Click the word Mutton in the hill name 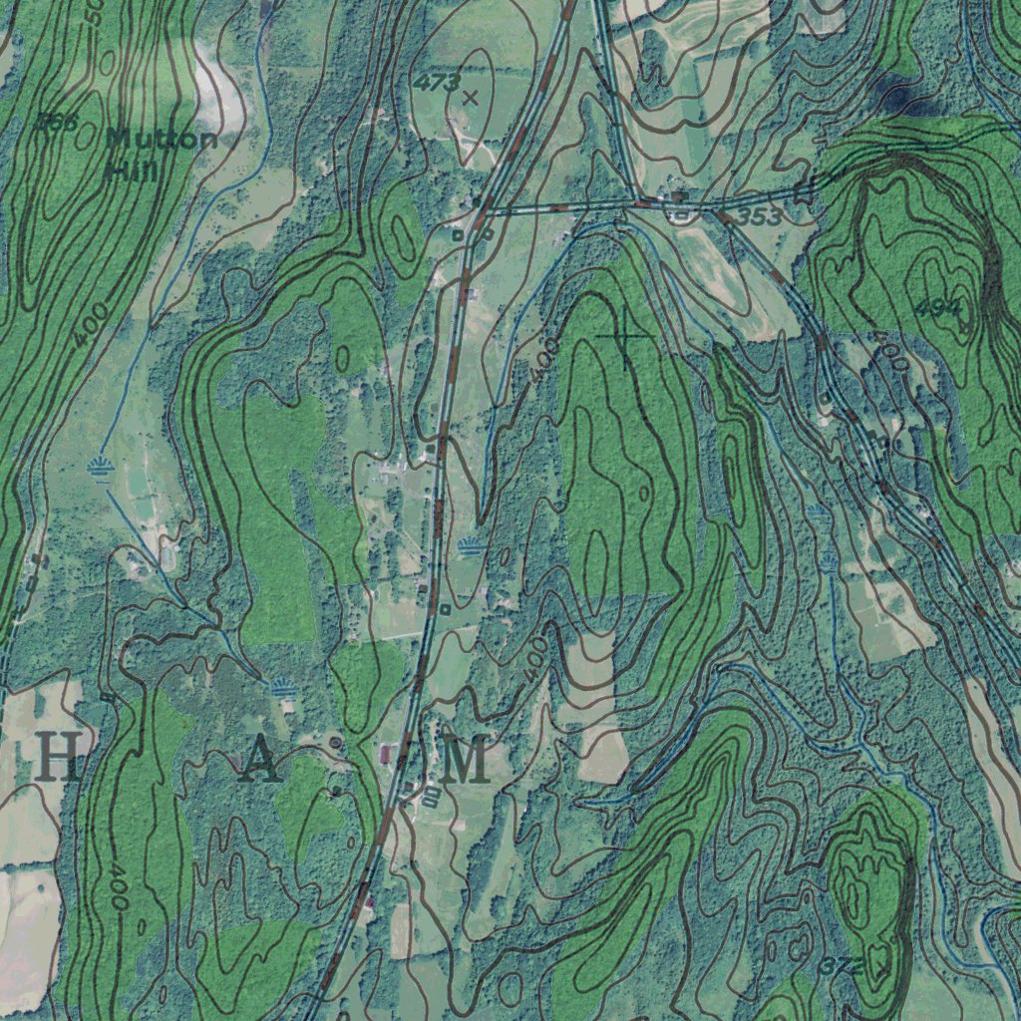click(161, 140)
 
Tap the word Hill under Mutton click(131, 170)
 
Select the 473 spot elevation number click(438, 82)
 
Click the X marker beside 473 click(471, 98)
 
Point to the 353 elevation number click(760, 216)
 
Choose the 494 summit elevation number click(938, 308)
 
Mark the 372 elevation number click(843, 966)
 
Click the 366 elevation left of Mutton click(56, 122)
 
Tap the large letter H click(59, 760)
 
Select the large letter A click(259, 762)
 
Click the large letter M click(466, 761)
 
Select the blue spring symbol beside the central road click(470, 545)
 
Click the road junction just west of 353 click(634, 202)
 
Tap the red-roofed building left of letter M click(387, 751)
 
